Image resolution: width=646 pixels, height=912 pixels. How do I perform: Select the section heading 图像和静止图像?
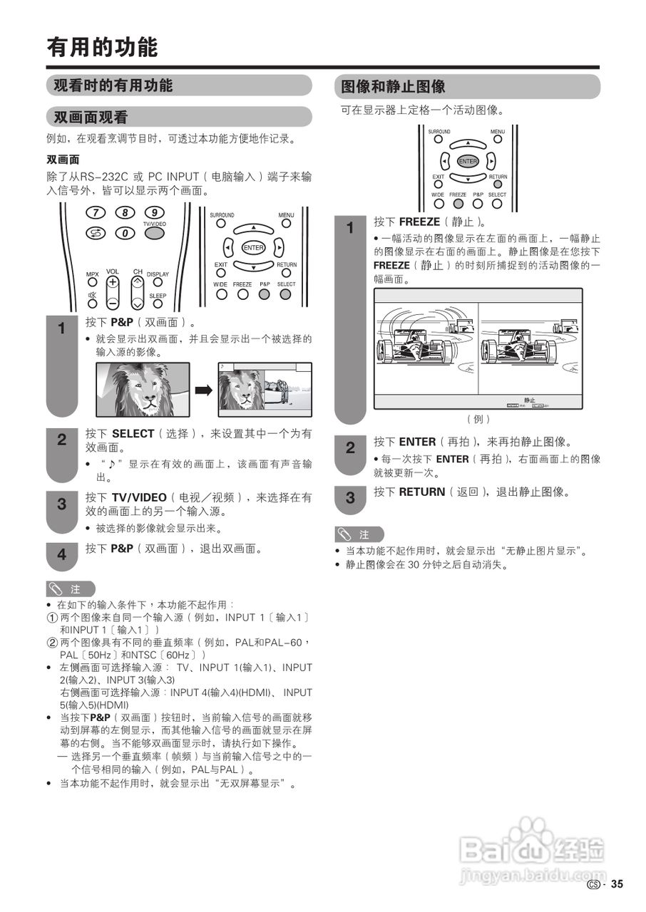[393, 87]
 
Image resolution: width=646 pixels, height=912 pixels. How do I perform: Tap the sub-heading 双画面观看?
[91, 117]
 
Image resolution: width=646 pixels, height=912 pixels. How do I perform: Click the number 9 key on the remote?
[155, 212]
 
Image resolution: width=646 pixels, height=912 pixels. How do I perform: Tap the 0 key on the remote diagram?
[125, 233]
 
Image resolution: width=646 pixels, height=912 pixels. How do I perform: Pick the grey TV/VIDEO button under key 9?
[155, 233]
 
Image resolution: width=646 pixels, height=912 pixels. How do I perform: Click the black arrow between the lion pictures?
[204, 390]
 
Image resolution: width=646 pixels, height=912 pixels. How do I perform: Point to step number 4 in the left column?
[62, 554]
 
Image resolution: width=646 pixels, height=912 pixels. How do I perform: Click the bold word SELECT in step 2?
[133, 433]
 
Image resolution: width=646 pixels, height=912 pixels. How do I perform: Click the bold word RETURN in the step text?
[421, 492]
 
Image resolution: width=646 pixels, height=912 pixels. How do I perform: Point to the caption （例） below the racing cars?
[478, 419]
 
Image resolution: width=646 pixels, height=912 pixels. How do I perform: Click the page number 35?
[617, 884]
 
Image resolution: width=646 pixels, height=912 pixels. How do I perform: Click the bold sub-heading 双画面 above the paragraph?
[63, 160]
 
